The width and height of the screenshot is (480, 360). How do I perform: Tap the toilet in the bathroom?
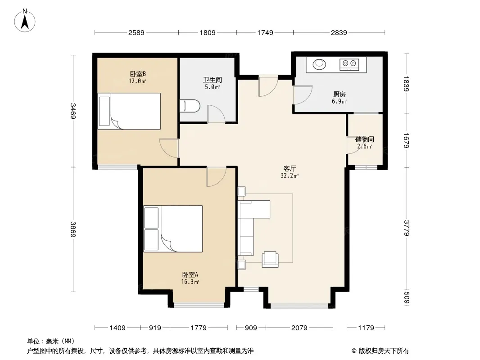190,106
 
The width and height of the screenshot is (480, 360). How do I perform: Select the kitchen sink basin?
319,64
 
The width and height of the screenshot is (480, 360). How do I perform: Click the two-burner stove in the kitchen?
349,64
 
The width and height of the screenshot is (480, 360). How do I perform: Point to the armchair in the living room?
270,259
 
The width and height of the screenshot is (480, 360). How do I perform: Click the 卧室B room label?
138,74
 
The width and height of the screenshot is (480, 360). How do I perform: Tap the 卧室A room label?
190,274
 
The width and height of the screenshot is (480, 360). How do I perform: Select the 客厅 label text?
290,169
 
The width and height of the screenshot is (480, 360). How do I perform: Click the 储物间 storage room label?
365,139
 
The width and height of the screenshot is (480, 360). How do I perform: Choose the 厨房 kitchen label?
340,94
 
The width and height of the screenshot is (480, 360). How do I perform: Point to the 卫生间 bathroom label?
213,80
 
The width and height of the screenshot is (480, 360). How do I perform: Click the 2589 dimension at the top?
136,32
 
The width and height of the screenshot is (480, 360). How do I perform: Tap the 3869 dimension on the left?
73,229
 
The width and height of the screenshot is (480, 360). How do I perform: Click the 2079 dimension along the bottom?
299,328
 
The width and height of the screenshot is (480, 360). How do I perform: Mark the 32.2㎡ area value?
290,176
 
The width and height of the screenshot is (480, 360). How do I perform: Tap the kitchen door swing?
303,95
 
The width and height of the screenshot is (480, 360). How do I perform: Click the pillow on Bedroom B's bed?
104,111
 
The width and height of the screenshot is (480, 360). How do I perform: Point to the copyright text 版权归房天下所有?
384,351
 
